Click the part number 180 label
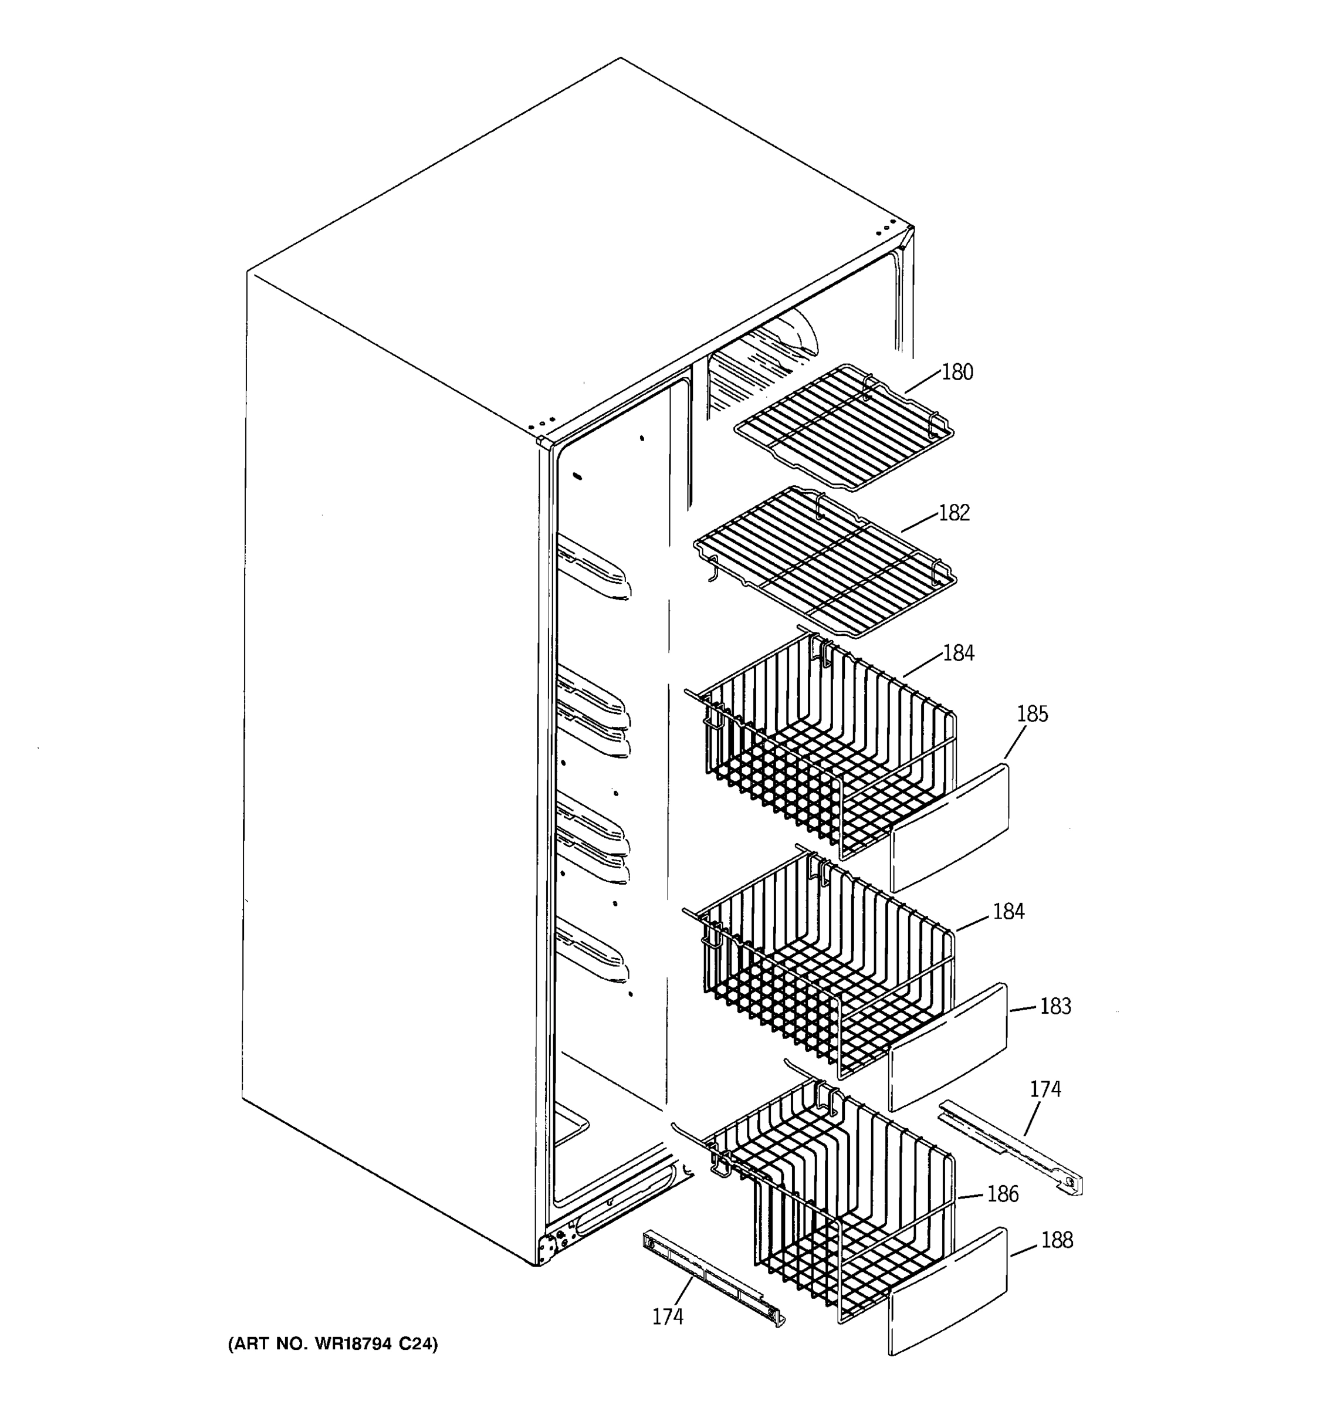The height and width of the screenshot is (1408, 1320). [957, 372]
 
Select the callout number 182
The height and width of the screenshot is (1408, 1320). [954, 513]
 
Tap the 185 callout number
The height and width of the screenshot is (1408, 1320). [1032, 714]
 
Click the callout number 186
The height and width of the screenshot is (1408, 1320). [1003, 1194]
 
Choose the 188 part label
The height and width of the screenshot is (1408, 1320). [1057, 1240]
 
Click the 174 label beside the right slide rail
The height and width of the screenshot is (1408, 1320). [1045, 1089]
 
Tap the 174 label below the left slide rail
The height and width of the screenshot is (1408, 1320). [668, 1316]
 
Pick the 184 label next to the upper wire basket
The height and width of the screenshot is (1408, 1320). [958, 653]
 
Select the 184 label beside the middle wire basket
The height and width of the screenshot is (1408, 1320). [1008, 911]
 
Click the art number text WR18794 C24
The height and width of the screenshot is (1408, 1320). [333, 1343]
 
